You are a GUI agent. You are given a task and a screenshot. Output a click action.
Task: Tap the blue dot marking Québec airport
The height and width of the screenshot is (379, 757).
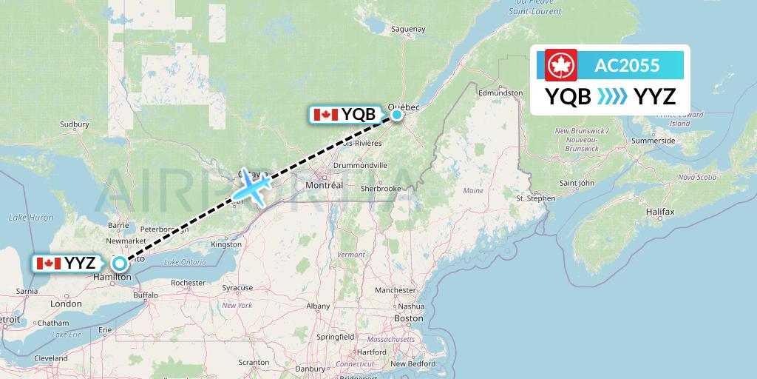tap(397, 114)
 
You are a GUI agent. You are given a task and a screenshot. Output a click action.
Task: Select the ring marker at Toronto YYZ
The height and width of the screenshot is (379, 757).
tap(118, 262)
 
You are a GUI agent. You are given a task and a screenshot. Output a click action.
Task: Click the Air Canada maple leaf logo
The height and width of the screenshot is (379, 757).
tap(561, 65)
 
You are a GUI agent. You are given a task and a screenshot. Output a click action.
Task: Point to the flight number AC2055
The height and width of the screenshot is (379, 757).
tap(627, 65)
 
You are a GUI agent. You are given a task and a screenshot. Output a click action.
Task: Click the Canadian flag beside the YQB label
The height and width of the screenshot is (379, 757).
tap(325, 115)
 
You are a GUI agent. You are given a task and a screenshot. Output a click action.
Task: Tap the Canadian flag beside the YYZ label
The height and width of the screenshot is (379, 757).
tap(48, 263)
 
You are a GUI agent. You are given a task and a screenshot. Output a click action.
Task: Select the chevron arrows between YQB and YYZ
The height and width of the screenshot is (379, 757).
tap(612, 96)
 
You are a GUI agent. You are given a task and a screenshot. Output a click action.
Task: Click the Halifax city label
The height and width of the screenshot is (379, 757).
tap(659, 212)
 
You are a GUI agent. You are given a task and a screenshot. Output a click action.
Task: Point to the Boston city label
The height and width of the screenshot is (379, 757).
tap(409, 318)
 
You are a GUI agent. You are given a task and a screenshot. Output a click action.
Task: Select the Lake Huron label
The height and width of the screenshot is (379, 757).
tap(30, 217)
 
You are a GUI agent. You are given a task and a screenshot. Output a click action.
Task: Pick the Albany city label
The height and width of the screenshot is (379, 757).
tap(318, 305)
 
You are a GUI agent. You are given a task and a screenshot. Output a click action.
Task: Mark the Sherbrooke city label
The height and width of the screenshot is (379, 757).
tap(381, 189)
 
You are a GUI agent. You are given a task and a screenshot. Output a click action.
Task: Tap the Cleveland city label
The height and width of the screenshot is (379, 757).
tap(50, 358)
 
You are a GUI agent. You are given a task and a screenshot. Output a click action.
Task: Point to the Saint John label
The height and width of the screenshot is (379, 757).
tap(577, 183)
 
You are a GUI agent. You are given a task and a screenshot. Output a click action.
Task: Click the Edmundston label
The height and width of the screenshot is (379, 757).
tap(500, 93)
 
